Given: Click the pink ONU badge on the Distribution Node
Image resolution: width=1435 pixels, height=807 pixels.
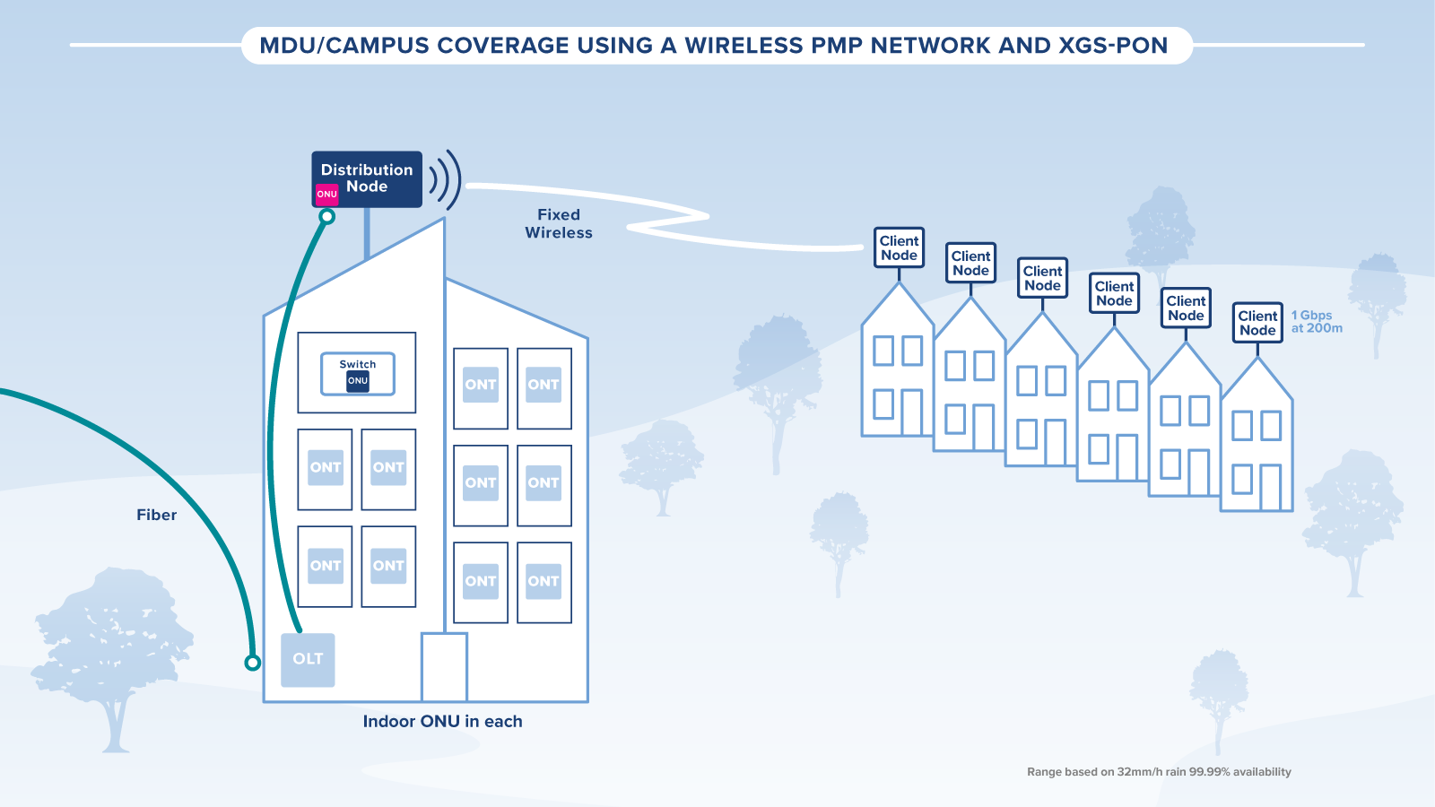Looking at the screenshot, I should tap(326, 194).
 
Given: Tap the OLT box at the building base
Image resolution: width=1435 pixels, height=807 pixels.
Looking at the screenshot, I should tap(308, 660).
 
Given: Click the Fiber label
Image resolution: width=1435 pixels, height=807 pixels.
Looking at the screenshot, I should tap(156, 515).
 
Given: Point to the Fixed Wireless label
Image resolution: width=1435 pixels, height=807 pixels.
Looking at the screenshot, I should tap(559, 223).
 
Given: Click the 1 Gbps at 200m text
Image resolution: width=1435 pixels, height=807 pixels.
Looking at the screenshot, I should tap(1316, 322).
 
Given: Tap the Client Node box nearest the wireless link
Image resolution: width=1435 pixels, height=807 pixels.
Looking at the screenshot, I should tap(899, 247).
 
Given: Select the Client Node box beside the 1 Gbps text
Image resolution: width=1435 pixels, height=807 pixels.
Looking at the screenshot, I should tap(1257, 323).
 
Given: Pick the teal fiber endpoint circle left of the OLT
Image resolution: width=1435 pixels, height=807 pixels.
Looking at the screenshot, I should tap(253, 663).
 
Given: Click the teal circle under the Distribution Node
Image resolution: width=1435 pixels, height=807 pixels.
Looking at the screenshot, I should tap(327, 216).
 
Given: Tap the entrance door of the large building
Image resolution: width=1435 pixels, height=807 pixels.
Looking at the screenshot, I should tap(444, 667).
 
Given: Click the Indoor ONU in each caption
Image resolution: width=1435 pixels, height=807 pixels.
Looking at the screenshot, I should tap(442, 722).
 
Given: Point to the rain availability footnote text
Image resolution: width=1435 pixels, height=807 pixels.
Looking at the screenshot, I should tap(1159, 772).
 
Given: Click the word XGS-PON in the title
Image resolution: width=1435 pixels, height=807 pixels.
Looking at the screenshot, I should tap(1112, 46).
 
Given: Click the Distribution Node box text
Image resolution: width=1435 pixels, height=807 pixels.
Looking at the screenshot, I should tap(367, 178).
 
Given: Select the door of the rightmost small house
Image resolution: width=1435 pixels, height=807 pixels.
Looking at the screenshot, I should tap(1270, 487).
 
